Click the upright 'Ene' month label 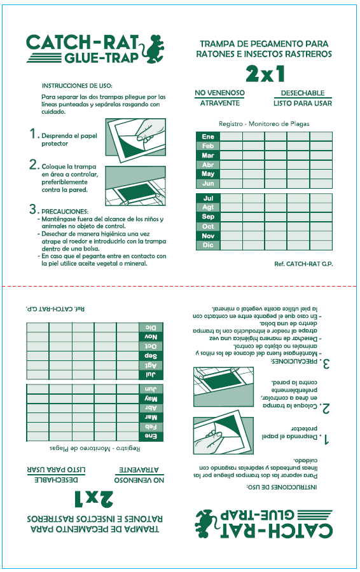pyautogui.click(x=208, y=137)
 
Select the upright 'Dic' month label pyautogui.click(x=208, y=245)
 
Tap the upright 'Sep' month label pyautogui.click(x=208, y=217)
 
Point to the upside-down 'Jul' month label pyautogui.click(x=151, y=374)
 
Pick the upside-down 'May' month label pyautogui.click(x=151, y=398)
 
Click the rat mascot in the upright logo pyautogui.click(x=153, y=48)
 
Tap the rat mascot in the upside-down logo pyautogui.click(x=206, y=524)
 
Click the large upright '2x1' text pyautogui.click(x=265, y=74)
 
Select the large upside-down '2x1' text pyautogui.click(x=93, y=499)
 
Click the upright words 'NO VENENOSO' pyautogui.click(x=219, y=93)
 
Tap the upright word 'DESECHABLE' pyautogui.click(x=303, y=93)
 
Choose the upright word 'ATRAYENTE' pyautogui.click(x=220, y=103)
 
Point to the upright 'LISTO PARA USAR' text pyautogui.click(x=303, y=103)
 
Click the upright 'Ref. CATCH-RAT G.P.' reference pyautogui.click(x=303, y=264)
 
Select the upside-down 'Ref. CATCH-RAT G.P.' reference pyautogui.click(x=55, y=309)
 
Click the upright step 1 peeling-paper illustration pyautogui.click(x=135, y=140)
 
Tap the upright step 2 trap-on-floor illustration pyautogui.click(x=135, y=186)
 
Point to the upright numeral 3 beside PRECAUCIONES pyautogui.click(x=33, y=209)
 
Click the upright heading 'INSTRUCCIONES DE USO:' pyautogui.click(x=77, y=86)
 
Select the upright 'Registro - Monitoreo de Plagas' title pyautogui.click(x=264, y=124)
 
